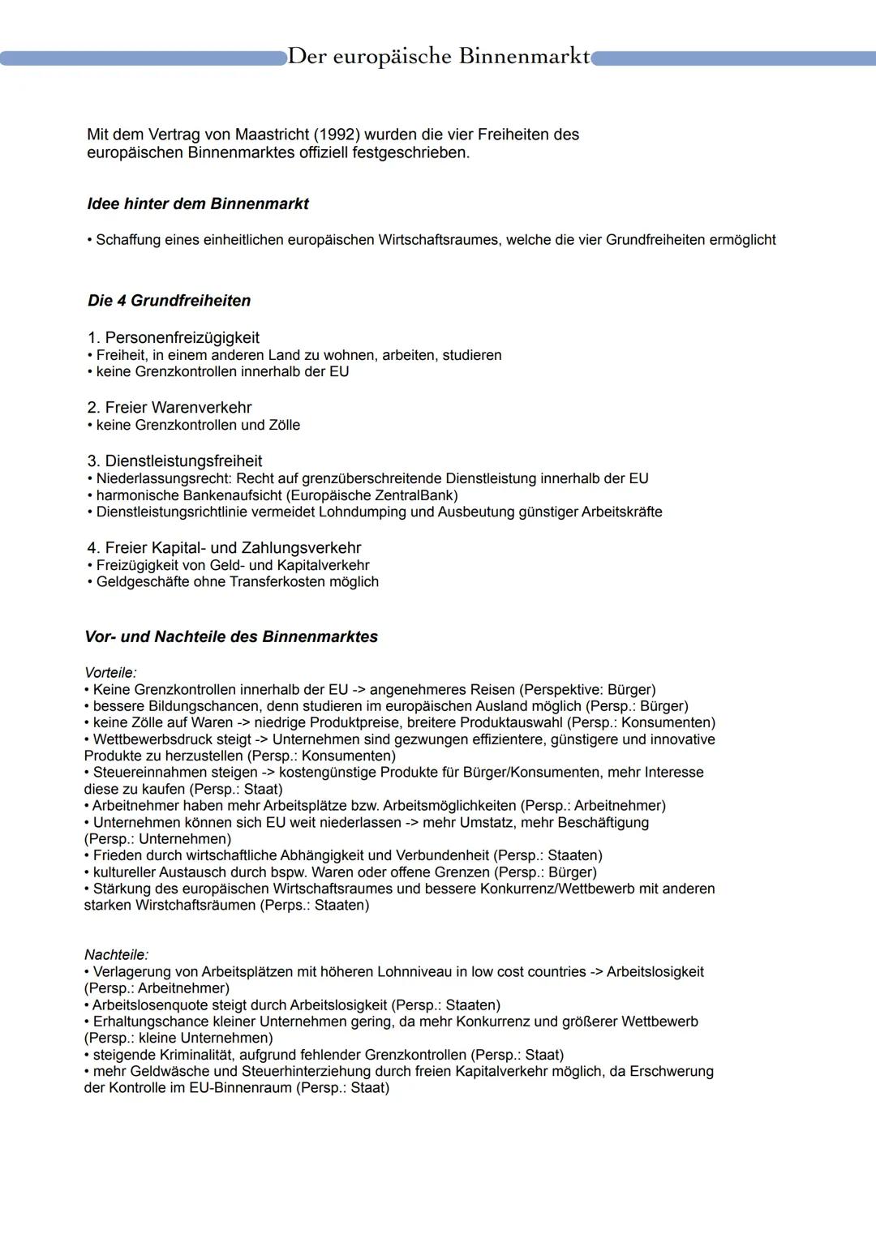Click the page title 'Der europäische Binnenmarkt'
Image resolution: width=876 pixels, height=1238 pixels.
click(x=438, y=57)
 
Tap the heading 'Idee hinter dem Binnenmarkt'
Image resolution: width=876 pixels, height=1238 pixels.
click(x=198, y=204)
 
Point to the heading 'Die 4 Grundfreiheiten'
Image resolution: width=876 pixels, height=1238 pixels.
click(x=169, y=301)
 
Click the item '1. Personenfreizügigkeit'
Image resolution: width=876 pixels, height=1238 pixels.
click(x=174, y=337)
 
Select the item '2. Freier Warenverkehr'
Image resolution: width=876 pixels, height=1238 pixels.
click(x=170, y=408)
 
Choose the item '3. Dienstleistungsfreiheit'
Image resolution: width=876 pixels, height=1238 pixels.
click(x=174, y=461)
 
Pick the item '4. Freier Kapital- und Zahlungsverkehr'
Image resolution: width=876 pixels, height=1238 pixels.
click(x=224, y=548)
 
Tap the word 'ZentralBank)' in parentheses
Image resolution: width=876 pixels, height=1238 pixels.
click(x=417, y=495)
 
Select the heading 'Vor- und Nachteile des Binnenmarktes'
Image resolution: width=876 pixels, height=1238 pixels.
click(x=231, y=637)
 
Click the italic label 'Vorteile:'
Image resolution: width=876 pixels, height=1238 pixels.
click(x=110, y=673)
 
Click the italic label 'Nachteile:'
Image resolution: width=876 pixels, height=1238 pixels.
click(x=116, y=955)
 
